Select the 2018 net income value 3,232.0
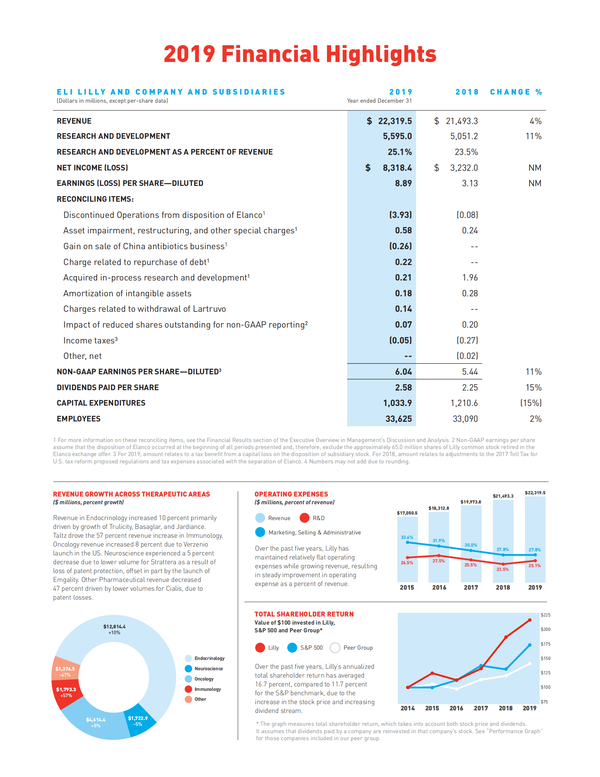click(464, 168)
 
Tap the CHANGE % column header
click(516, 92)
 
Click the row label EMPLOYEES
click(78, 419)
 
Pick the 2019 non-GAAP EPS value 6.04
click(403, 372)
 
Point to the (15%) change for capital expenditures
click(530, 403)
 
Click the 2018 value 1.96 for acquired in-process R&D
click(470, 278)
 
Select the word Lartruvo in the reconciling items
click(209, 309)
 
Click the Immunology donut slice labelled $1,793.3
click(66, 692)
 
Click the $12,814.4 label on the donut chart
click(114, 626)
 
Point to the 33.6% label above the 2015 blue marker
click(407, 537)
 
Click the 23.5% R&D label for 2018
click(503, 569)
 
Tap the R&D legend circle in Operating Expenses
click(305, 518)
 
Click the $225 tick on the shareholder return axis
click(546, 615)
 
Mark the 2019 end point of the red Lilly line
click(530, 620)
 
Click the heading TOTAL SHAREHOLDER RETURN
click(304, 614)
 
